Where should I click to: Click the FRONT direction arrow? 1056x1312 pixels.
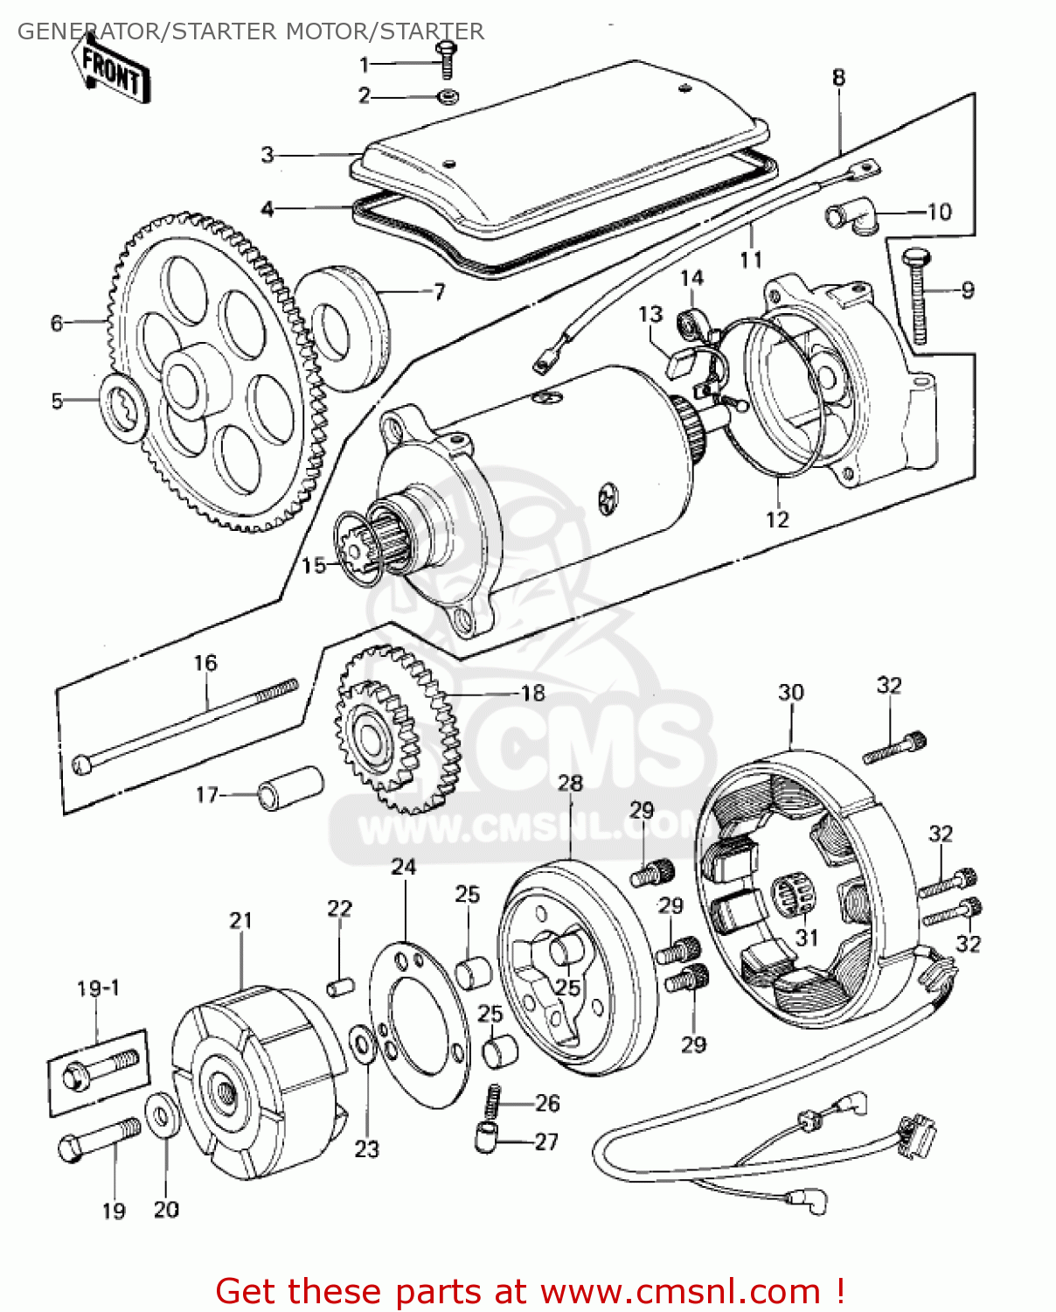pos(112,71)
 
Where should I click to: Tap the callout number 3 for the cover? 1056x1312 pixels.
pos(267,155)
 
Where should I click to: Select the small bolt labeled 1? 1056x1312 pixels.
pos(448,59)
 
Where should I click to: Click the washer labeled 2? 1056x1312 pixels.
pos(448,95)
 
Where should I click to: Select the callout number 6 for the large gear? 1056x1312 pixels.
pos(57,324)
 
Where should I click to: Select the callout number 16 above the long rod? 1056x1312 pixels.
pos(205,663)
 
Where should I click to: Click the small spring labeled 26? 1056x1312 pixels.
pos(493,1100)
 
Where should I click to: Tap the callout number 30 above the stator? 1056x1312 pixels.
pos(790,693)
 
